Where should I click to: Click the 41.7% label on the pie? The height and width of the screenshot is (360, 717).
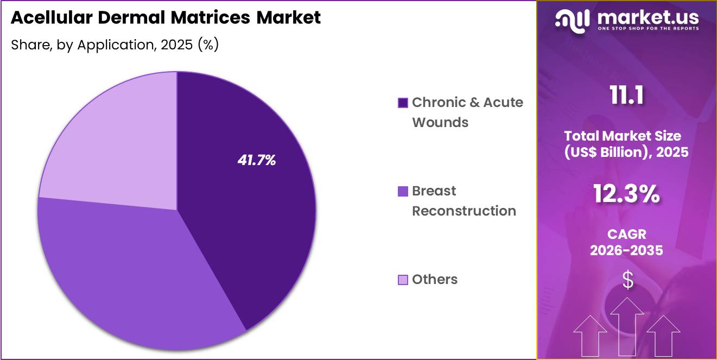tap(257, 160)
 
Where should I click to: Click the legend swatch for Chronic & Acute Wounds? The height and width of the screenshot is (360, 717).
tap(403, 103)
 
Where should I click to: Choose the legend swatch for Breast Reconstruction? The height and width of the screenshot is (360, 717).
tap(403, 191)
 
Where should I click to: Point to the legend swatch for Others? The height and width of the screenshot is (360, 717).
tap(403, 280)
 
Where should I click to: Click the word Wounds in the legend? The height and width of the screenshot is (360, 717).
tap(440, 122)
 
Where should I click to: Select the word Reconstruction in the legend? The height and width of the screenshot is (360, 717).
tap(464, 211)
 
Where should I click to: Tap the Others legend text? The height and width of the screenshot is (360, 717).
tap(435, 280)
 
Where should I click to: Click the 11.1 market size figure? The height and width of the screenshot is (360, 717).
tap(627, 96)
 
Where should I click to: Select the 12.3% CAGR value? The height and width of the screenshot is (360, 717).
tap(626, 194)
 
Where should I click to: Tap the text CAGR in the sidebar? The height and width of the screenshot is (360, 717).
tap(626, 235)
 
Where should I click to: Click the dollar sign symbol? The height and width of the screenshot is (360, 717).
tap(627, 280)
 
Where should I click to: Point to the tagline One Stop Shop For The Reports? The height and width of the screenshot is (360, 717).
tap(648, 28)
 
